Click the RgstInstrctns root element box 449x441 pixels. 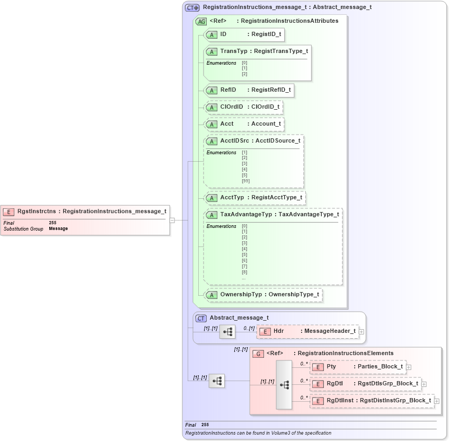click(x=85, y=211)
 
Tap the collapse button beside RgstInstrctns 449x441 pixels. click(x=172, y=220)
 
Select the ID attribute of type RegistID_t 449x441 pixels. click(x=244, y=34)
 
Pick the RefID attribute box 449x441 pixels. click(x=249, y=90)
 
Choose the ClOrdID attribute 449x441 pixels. click(x=243, y=107)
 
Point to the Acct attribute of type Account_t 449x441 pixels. click(x=244, y=124)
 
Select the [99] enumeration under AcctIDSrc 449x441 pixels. click(x=245, y=181)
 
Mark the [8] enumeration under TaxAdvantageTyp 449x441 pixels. click(x=244, y=272)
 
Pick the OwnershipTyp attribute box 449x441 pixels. click(x=263, y=294)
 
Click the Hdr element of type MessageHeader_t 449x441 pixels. click(x=307, y=331)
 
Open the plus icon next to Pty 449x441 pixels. click(x=409, y=367)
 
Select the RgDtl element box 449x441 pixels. click(x=365, y=384)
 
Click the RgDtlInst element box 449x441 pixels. click(x=372, y=401)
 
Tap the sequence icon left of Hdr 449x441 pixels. click(x=227, y=332)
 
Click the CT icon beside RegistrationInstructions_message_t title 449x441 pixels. click(x=192, y=7)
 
